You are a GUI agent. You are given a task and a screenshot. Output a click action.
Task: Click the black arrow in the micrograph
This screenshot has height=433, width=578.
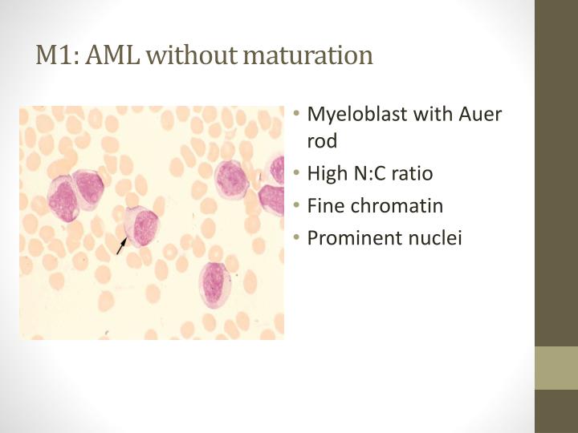(120, 245)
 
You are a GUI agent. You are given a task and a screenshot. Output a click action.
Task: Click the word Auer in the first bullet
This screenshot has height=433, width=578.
(479, 114)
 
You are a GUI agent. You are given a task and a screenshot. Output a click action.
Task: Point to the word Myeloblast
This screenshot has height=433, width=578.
(357, 114)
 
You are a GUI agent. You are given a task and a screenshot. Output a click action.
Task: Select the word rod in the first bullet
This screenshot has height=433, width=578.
(323, 141)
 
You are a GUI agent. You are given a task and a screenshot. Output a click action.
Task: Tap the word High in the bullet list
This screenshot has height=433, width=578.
(327, 173)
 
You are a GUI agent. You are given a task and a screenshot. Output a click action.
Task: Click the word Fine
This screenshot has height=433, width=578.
(326, 205)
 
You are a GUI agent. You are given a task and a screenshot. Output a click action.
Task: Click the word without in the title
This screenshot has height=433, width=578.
(192, 55)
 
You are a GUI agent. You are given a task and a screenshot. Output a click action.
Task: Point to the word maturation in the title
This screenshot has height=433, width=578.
(308, 55)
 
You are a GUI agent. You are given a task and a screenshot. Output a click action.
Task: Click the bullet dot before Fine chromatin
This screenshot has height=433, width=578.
(297, 206)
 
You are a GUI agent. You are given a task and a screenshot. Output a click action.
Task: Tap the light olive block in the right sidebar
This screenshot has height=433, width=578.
(556, 368)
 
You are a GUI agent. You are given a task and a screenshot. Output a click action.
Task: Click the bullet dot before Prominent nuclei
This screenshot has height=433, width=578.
(297, 238)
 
